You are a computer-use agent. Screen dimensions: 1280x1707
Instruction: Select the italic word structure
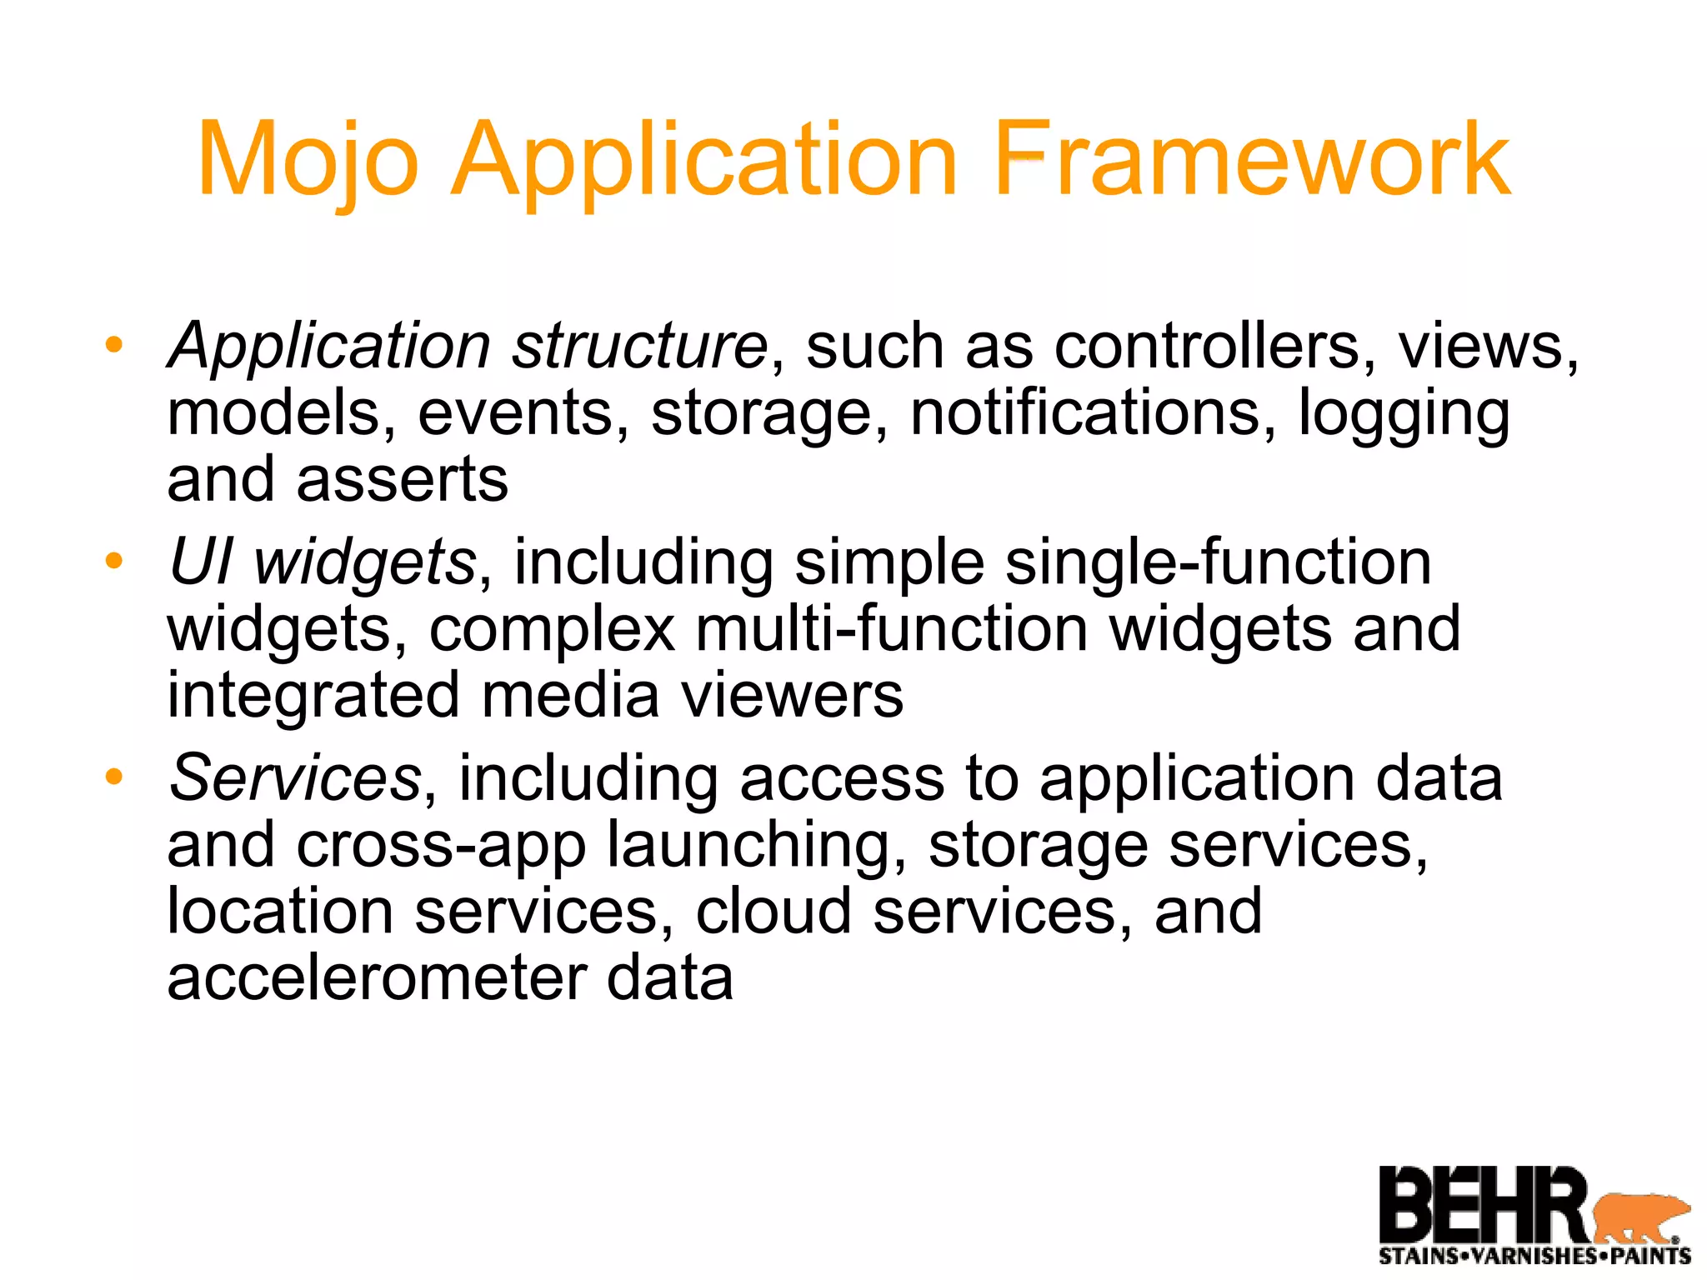point(639,346)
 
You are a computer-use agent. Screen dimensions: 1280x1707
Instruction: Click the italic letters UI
point(201,562)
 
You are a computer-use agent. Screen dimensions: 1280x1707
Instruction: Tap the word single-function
point(1218,562)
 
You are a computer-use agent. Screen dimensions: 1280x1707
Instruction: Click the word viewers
point(792,695)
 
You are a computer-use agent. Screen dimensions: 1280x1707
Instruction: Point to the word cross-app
point(441,844)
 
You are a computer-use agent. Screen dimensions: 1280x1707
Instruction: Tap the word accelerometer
point(376,977)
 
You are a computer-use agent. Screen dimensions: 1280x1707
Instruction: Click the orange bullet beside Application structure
point(114,344)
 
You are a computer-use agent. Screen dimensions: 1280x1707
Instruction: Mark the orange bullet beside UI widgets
point(114,560)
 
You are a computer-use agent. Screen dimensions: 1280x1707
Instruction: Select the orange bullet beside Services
point(114,777)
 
